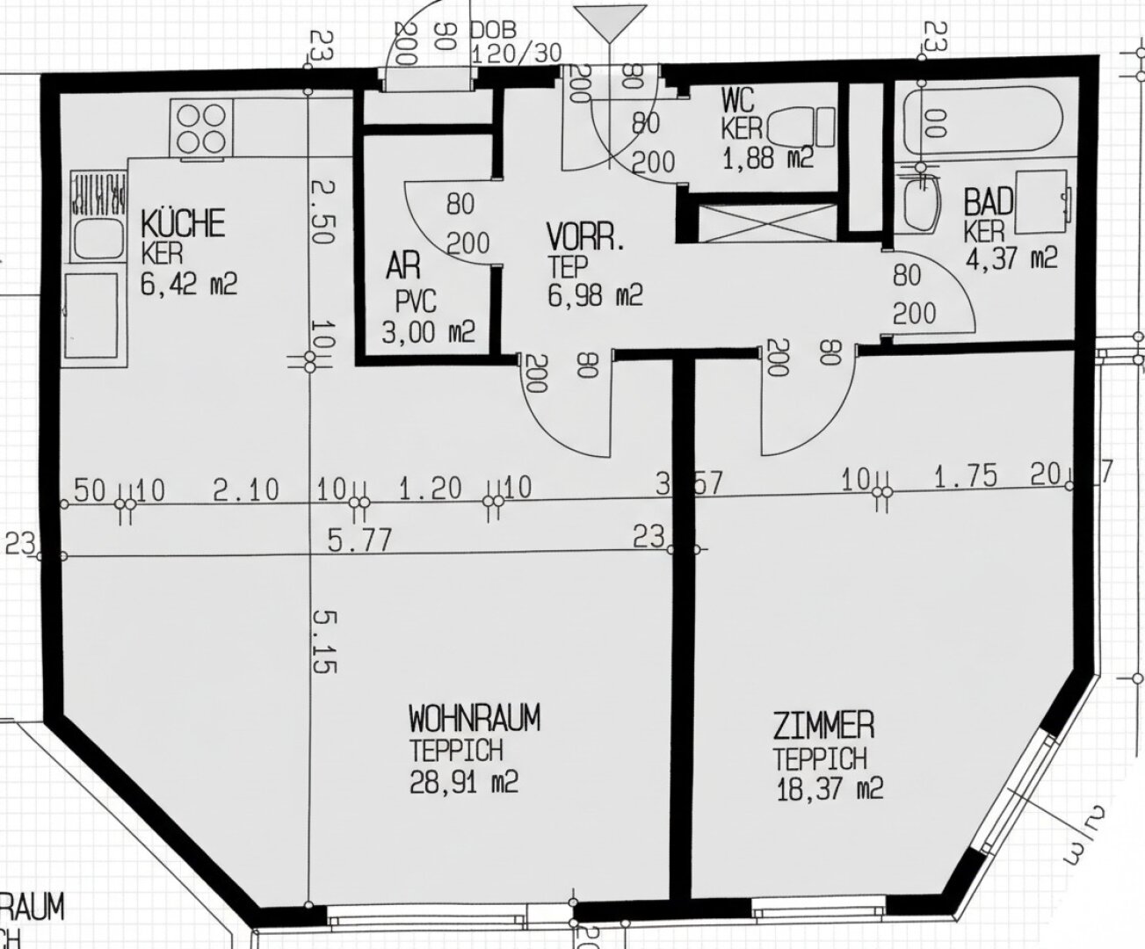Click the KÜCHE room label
point(183,223)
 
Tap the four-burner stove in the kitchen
point(202,129)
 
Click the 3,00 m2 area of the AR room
point(428,332)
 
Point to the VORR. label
point(586,238)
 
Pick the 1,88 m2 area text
point(768,158)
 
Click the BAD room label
point(989,202)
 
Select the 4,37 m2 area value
point(1011,258)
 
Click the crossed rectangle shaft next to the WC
point(764,221)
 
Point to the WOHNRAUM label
point(474,720)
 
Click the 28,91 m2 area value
point(463,781)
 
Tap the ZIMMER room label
point(823,726)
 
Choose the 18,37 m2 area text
point(828,788)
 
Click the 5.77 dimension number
point(360,540)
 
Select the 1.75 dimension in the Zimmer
point(965,477)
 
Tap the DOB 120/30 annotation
point(516,42)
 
